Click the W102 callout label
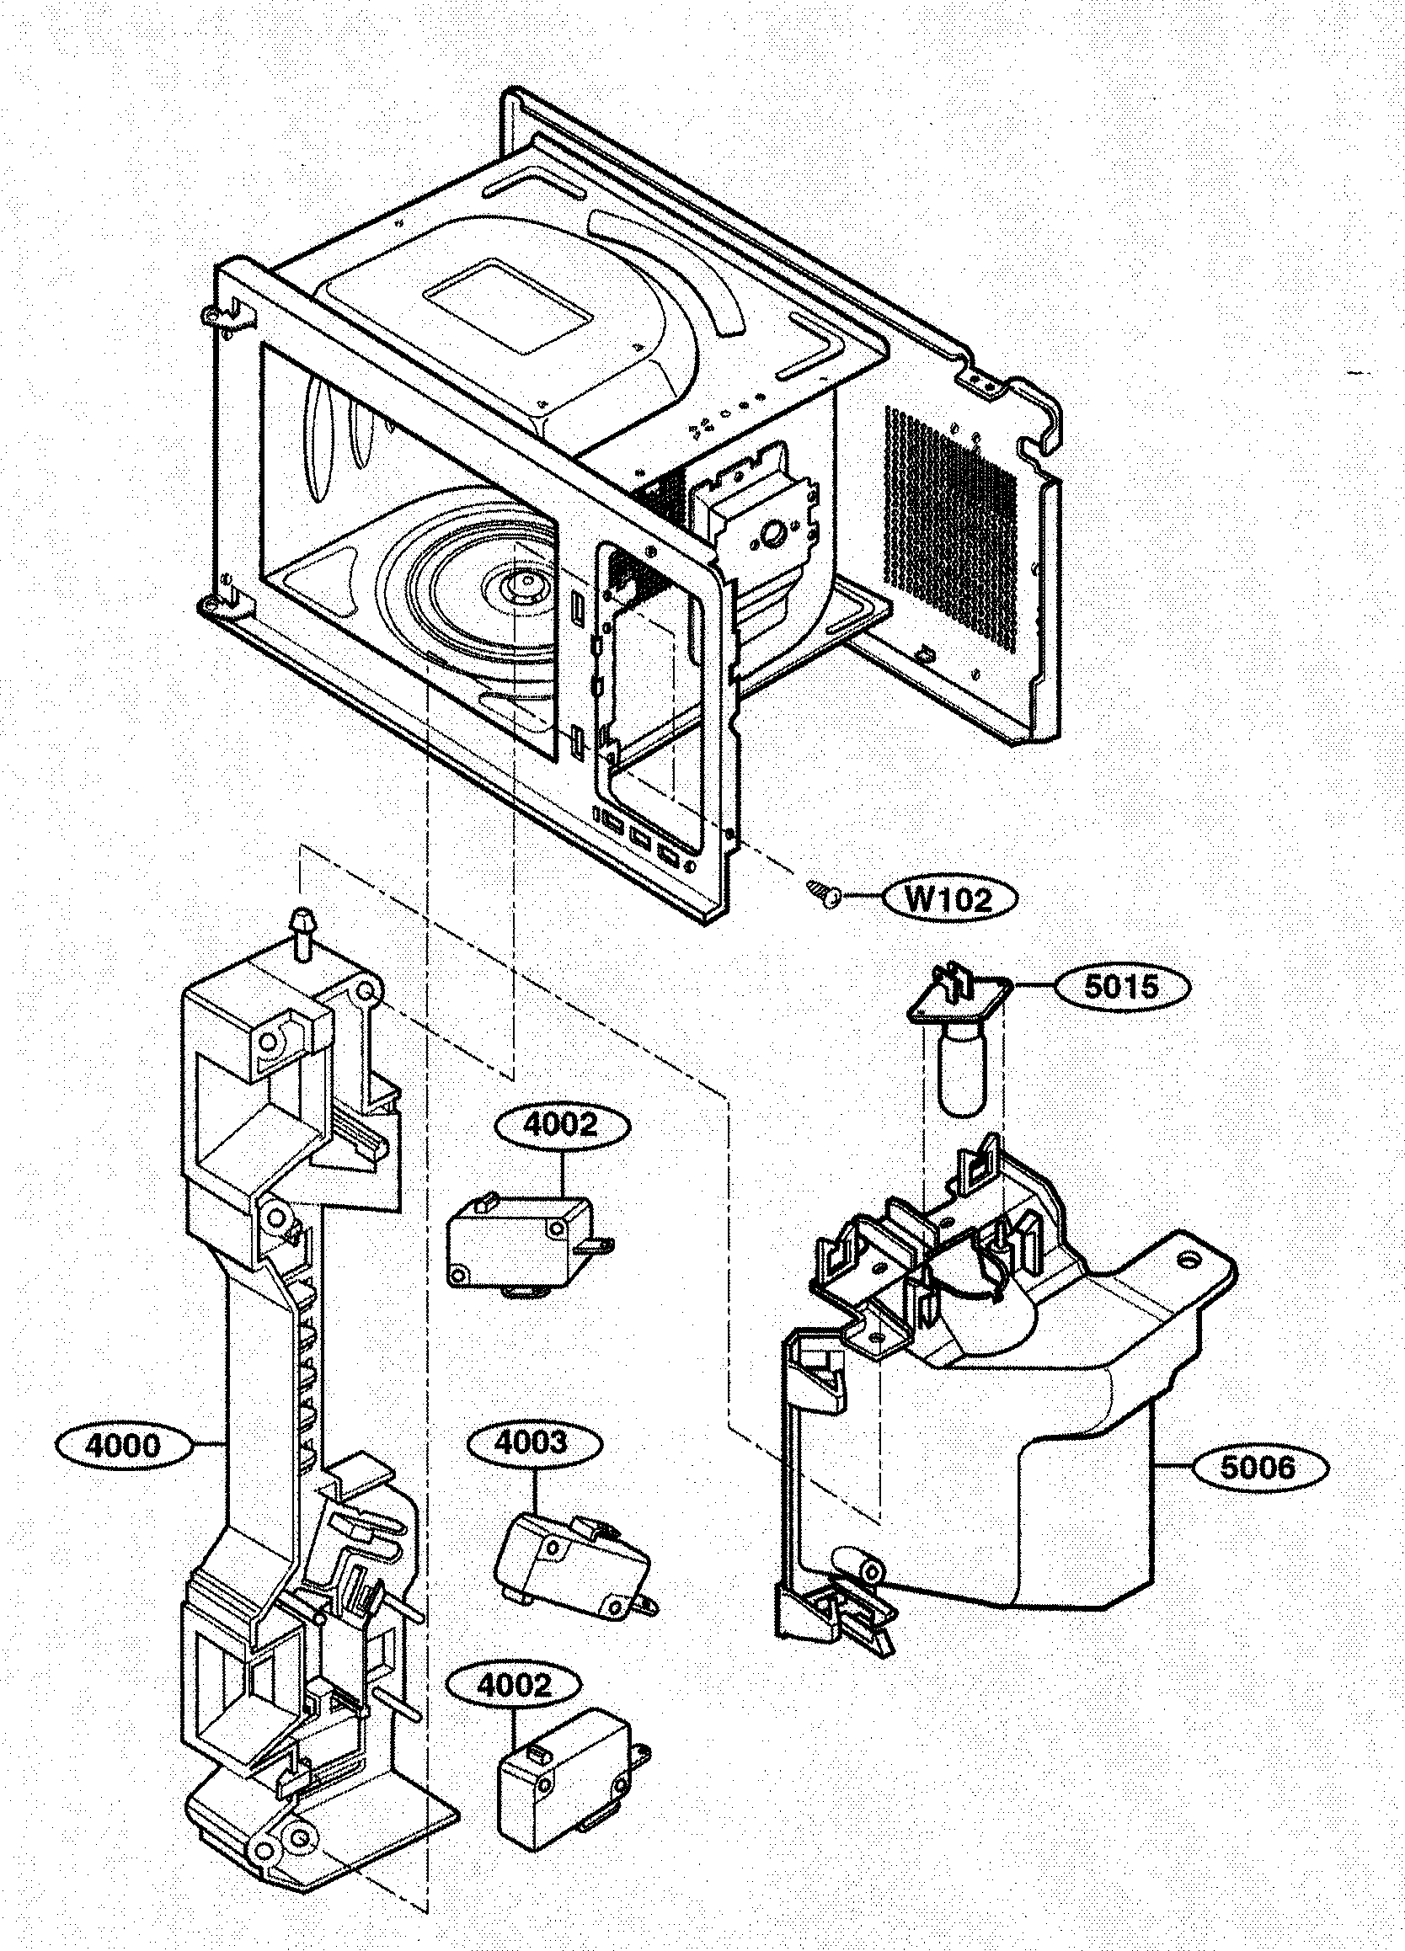(948, 899)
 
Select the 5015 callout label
(1121, 987)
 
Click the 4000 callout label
(121, 1445)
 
